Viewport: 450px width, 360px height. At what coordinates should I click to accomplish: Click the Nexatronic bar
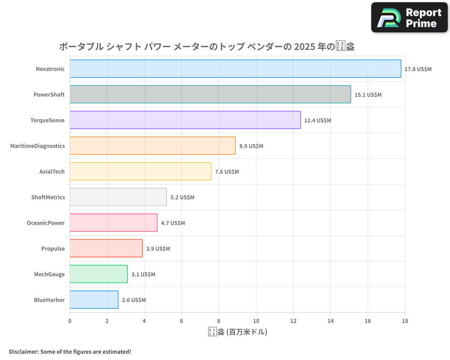(235, 69)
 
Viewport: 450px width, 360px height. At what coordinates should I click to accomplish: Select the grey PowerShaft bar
(210, 94)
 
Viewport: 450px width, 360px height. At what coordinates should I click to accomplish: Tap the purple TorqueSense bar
(185, 120)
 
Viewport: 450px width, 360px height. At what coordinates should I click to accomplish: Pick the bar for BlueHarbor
(94, 300)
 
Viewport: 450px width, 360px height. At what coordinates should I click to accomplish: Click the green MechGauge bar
(99, 274)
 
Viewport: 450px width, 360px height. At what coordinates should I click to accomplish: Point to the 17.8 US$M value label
(418, 69)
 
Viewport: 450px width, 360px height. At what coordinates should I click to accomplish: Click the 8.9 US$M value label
(251, 146)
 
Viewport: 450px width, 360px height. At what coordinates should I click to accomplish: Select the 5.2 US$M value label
(182, 198)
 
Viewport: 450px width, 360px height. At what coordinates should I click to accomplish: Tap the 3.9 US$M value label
(158, 249)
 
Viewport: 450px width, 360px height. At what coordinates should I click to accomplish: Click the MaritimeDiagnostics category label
(37, 146)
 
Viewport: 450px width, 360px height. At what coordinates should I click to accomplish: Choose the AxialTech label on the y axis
(52, 171)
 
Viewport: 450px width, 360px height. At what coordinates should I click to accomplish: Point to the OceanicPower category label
(45, 223)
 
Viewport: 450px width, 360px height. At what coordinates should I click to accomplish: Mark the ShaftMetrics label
(48, 197)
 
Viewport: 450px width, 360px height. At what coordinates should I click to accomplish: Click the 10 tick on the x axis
(256, 321)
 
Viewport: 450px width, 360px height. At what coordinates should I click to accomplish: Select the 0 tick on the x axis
(70, 321)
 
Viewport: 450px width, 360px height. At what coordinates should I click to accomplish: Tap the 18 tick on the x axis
(405, 321)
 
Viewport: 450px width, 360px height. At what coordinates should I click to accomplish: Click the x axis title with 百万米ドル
(238, 333)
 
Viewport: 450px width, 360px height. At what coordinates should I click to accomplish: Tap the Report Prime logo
(409, 18)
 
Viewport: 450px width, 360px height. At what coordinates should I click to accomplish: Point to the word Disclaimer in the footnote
(23, 351)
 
